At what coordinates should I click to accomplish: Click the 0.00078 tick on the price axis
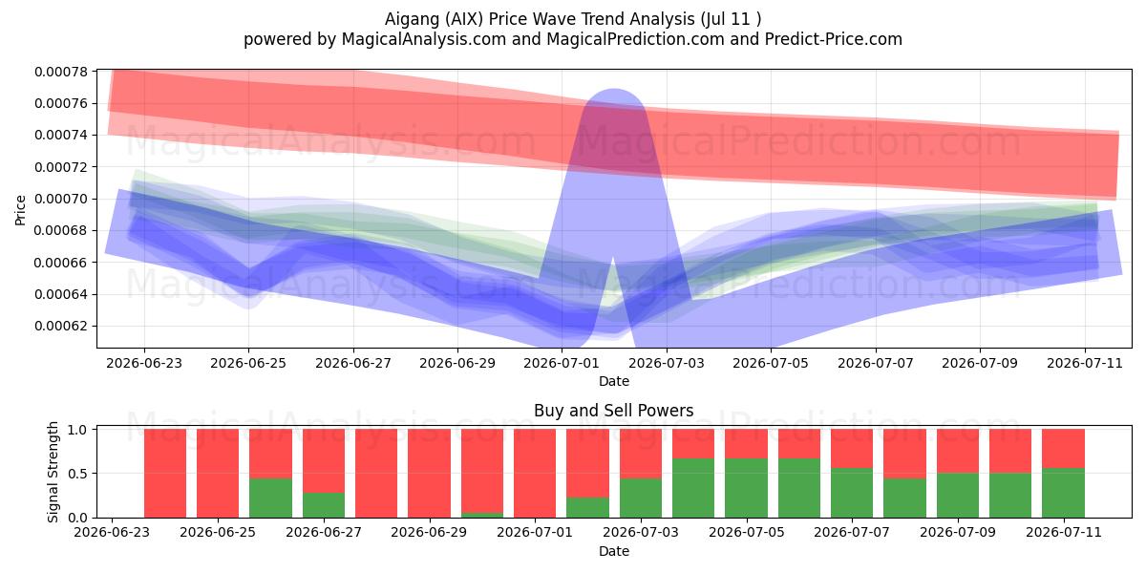[x=59, y=72]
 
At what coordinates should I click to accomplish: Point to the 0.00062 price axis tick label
[x=59, y=326]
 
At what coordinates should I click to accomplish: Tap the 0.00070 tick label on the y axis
[x=59, y=199]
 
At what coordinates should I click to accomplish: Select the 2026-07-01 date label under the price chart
[x=562, y=363]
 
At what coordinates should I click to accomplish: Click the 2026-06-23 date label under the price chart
[x=144, y=363]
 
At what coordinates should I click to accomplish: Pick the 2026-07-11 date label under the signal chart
[x=1064, y=532]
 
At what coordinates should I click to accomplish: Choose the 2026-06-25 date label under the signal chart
[x=218, y=532]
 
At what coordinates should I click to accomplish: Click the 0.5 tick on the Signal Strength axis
[x=77, y=474]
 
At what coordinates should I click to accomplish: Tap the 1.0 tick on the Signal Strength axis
[x=77, y=429]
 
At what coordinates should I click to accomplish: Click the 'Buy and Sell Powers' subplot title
[x=614, y=411]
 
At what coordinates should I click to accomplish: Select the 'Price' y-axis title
[x=20, y=210]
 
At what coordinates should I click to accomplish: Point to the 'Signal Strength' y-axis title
[x=53, y=472]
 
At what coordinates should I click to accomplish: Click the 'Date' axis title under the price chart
[x=614, y=381]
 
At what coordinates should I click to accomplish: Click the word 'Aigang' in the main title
[x=412, y=19]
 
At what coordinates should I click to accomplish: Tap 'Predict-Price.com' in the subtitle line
[x=834, y=39]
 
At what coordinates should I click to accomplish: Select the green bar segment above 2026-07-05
[x=747, y=488]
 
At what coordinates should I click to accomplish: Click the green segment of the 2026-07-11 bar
[x=1064, y=493]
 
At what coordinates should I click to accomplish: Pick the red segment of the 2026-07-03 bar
[x=641, y=454]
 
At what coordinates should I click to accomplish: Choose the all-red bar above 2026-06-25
[x=218, y=474]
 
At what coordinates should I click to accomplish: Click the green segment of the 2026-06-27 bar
[x=324, y=505]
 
